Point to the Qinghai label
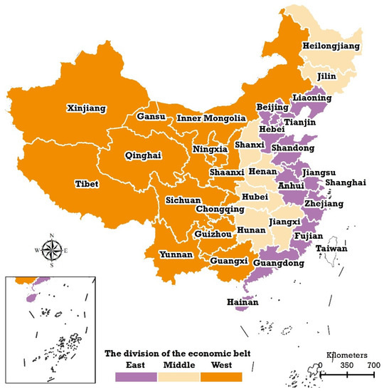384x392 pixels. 142,154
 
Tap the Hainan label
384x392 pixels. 242,302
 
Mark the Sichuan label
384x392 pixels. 184,201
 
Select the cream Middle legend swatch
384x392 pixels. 178,376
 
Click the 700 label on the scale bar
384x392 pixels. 373,366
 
